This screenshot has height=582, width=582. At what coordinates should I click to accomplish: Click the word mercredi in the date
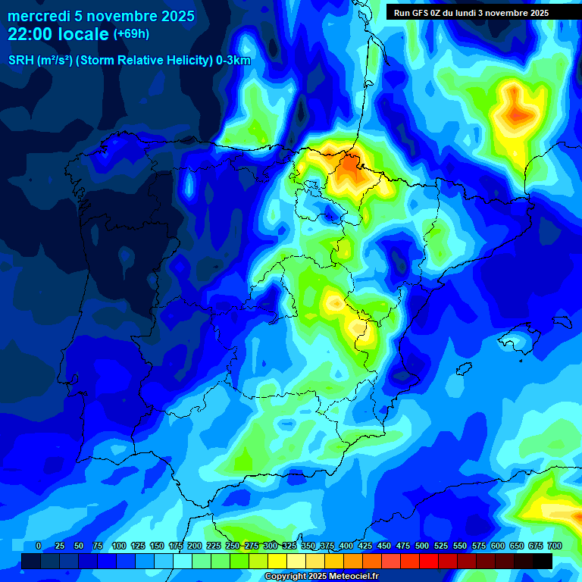click(39, 16)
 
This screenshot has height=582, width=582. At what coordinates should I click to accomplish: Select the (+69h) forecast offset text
click(131, 34)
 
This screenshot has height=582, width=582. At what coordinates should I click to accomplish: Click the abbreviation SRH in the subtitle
click(20, 61)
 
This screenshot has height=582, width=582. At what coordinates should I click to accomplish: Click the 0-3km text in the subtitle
click(233, 61)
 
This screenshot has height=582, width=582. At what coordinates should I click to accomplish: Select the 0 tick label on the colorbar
click(39, 546)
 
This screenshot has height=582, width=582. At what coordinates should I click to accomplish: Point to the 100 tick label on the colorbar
click(118, 546)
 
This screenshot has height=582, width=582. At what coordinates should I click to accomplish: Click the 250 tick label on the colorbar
click(233, 546)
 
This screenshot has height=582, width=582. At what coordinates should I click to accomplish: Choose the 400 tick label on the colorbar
click(346, 546)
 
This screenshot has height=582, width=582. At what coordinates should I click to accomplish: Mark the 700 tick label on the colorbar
click(554, 546)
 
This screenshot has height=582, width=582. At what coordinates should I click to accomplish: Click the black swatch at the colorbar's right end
click(543, 561)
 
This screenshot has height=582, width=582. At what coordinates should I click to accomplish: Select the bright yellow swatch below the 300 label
click(277, 561)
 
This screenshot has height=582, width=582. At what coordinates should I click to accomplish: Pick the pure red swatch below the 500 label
click(429, 561)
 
